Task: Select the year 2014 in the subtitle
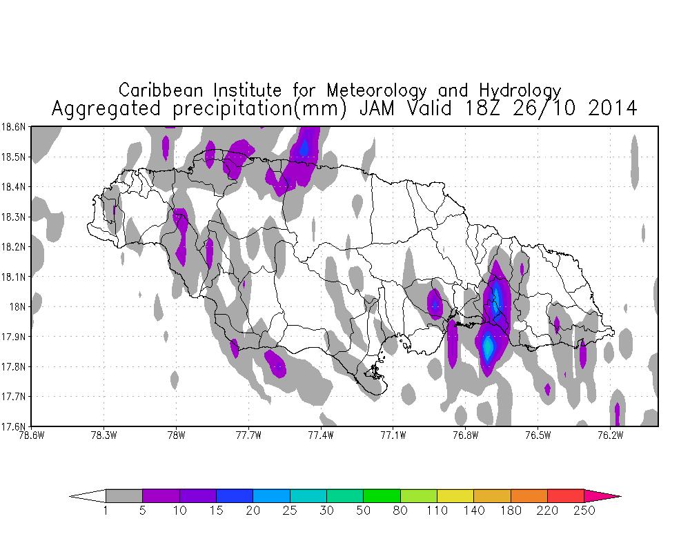click(607, 108)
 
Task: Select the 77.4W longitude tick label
click(321, 435)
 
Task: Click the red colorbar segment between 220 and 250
click(566, 495)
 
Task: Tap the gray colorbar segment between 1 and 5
click(124, 495)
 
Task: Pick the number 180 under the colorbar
click(511, 511)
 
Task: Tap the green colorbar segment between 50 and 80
click(382, 495)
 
